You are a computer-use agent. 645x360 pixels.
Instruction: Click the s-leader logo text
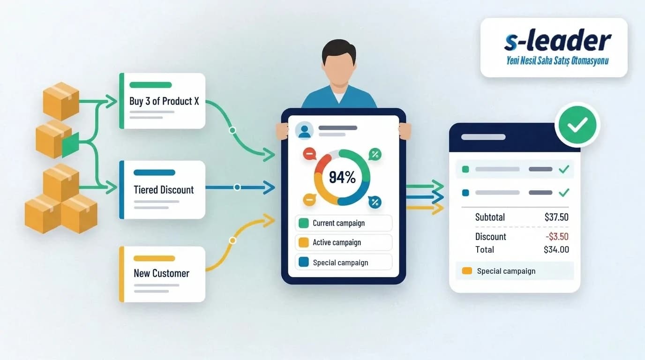tap(558, 41)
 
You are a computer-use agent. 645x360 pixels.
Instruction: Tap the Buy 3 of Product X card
tap(162, 101)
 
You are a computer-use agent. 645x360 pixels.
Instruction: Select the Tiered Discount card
tap(162, 189)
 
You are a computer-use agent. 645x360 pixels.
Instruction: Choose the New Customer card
tap(162, 274)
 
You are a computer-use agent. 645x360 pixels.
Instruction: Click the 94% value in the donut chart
tap(342, 177)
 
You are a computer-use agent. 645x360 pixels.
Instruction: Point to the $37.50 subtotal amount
tap(556, 217)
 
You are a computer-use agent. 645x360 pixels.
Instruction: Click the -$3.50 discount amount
tap(557, 236)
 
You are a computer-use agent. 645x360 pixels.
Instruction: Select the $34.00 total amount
tap(556, 249)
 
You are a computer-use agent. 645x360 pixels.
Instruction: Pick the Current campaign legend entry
tap(344, 223)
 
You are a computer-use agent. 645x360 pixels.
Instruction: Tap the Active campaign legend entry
tap(344, 242)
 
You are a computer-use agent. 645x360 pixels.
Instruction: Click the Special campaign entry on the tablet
tap(344, 262)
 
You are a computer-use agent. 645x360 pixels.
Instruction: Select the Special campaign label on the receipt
tap(506, 271)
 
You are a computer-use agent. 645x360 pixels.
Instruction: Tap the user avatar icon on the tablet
tap(304, 130)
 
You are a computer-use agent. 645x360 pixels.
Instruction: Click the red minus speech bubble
tap(309, 153)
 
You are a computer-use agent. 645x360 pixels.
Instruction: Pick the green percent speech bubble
tap(375, 154)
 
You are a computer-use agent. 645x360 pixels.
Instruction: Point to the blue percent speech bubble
tap(375, 202)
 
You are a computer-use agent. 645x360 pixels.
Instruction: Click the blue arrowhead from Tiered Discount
tap(269, 187)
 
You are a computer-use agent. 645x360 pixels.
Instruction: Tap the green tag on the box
tap(70, 145)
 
